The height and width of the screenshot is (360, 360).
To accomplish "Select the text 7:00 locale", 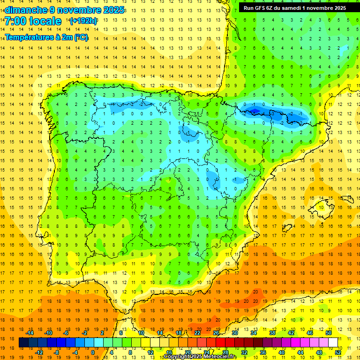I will [x=33, y=21].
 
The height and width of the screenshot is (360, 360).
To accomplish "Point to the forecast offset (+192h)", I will [x=83, y=21].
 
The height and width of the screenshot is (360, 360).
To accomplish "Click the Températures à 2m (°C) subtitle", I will [x=46, y=37].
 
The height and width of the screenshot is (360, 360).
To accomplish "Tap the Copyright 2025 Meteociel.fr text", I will [x=200, y=357].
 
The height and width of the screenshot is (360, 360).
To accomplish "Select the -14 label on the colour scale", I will [x=30, y=333].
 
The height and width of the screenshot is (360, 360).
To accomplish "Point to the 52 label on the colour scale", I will [x=338, y=352].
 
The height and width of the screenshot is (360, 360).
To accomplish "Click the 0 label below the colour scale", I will [x=92, y=352].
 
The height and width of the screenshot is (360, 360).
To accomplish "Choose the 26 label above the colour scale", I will [x=216, y=333].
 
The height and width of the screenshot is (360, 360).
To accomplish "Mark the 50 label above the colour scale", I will [x=328, y=333].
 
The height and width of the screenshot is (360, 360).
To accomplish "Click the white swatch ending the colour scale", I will [x=333, y=343].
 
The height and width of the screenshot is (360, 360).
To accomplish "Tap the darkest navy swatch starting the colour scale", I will [x=23, y=343].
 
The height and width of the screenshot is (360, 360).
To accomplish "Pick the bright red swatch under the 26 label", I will [x=220, y=343].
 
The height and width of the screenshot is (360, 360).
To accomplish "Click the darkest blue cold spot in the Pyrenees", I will [x=255, y=111].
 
